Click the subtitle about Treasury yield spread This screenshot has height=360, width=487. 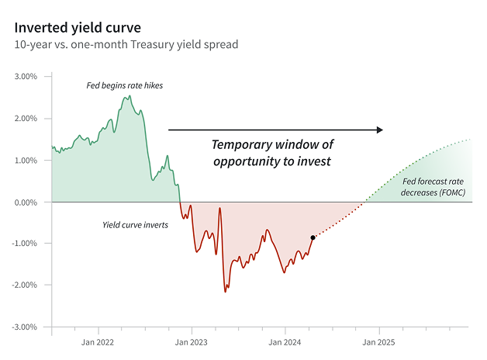126,44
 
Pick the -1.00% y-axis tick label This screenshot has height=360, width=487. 25,244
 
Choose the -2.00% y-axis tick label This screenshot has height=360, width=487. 25,286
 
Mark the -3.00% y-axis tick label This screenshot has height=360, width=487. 25,327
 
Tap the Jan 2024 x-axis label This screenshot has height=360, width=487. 285,342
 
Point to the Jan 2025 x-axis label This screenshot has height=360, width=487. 378,342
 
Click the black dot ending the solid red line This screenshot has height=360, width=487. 313,237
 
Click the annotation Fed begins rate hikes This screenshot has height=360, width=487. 124,85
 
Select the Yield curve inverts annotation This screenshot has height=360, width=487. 136,225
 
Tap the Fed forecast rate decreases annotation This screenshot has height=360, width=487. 433,187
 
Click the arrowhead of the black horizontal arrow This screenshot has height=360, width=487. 379,130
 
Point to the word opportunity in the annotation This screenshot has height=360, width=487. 250,161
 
